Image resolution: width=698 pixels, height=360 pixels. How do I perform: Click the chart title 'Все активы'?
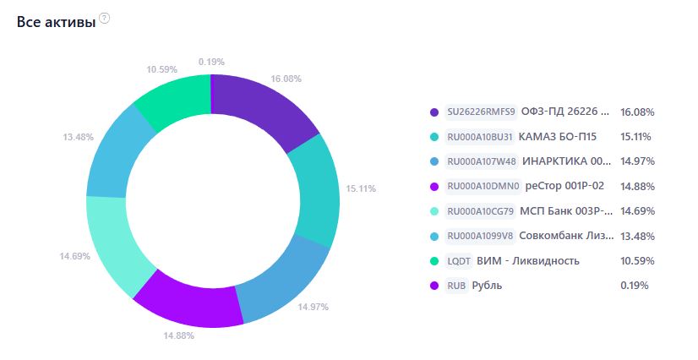tap(56, 22)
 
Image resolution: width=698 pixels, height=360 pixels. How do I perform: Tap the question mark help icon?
tap(104, 19)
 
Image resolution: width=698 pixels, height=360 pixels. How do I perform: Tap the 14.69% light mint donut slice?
tap(116, 243)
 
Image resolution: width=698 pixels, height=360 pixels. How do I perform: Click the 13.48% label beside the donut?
tap(79, 137)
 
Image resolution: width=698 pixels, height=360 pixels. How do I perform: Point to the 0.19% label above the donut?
tap(211, 62)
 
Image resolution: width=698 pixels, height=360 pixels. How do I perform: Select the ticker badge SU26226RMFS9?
tap(481, 112)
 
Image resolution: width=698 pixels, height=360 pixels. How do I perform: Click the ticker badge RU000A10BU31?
tap(480, 137)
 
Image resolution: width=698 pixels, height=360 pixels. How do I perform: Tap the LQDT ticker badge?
tap(459, 261)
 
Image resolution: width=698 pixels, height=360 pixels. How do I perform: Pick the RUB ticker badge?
tap(456, 286)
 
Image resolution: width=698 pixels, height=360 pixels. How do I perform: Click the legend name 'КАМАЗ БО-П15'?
tap(558, 136)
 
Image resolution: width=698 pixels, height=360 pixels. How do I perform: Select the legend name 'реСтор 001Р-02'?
tap(564, 186)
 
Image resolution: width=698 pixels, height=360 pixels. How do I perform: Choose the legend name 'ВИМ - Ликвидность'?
tap(528, 261)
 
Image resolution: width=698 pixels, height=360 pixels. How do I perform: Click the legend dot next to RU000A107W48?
tap(434, 161)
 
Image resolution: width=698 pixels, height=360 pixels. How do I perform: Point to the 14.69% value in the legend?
tap(637, 211)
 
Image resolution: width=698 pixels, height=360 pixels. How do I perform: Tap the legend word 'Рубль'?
tap(487, 286)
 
